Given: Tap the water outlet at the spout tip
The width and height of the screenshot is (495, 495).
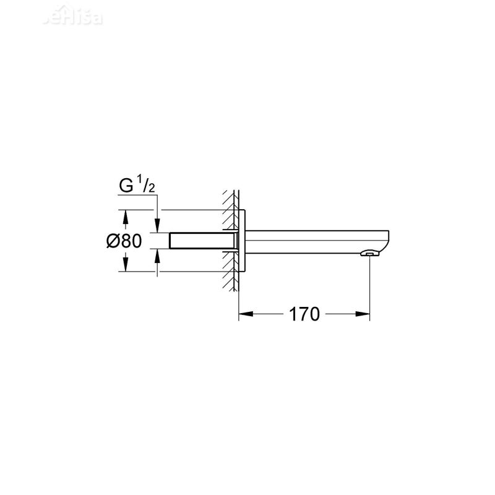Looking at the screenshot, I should (369, 253).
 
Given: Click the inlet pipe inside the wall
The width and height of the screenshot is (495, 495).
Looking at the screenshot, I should (201, 241).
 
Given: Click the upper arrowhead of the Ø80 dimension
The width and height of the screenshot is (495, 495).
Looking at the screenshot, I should (126, 217).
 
